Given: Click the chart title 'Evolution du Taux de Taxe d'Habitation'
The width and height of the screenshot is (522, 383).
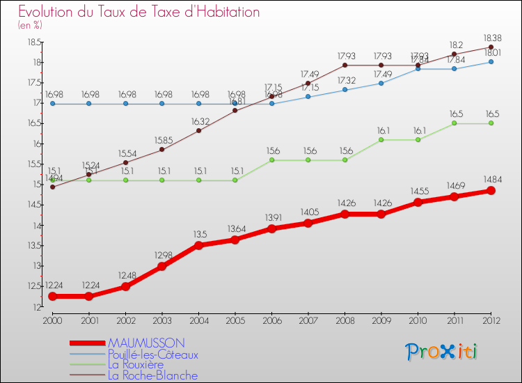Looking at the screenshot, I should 139,12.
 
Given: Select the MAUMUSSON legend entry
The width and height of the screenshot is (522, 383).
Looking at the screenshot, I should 145,343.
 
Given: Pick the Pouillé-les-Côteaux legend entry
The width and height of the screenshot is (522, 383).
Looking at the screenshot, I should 152,354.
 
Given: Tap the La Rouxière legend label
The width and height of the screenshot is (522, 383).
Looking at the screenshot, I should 136,364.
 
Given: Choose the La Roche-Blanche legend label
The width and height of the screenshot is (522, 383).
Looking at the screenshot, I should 152,375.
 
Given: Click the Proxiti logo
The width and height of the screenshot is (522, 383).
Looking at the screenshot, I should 442,352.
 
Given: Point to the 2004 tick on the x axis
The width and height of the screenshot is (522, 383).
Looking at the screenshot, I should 199,320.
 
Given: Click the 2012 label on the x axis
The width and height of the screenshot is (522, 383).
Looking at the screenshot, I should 491,320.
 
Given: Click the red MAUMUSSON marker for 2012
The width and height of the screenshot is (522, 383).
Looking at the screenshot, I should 491,190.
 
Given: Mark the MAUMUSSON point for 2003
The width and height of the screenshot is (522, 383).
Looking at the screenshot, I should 162,266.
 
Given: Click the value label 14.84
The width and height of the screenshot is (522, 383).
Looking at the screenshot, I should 491,178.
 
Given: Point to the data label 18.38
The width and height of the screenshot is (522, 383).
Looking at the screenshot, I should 491,36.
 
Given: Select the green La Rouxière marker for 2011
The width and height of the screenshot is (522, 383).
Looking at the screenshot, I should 454,123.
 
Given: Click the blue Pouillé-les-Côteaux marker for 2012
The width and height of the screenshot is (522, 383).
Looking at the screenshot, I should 491,61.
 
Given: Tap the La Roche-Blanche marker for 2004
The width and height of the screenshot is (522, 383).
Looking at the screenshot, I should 199,130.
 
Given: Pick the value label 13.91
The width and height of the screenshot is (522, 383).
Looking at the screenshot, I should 272,217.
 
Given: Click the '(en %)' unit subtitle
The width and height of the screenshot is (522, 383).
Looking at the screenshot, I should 30,25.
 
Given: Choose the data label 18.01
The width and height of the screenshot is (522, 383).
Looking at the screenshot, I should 491,52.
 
